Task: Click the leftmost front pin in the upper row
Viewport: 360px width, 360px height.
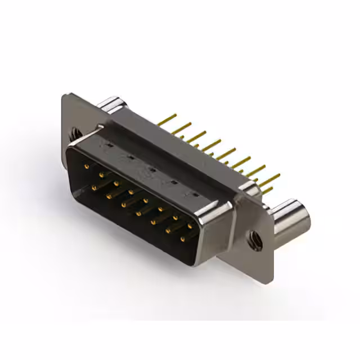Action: pyautogui.click(x=85, y=166)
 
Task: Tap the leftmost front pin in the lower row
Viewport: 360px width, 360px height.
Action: pyautogui.click(x=93, y=186)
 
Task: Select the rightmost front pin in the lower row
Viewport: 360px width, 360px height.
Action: pyautogui.click(x=182, y=240)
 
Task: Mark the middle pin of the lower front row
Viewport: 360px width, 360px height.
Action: pyautogui.click(x=137, y=213)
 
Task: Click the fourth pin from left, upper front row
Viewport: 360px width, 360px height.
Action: pyautogui.click(x=130, y=192)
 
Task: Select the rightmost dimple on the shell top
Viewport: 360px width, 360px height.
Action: pyautogui.click(x=195, y=195)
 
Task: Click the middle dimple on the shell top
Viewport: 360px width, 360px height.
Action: pyautogui.click(x=151, y=169)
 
